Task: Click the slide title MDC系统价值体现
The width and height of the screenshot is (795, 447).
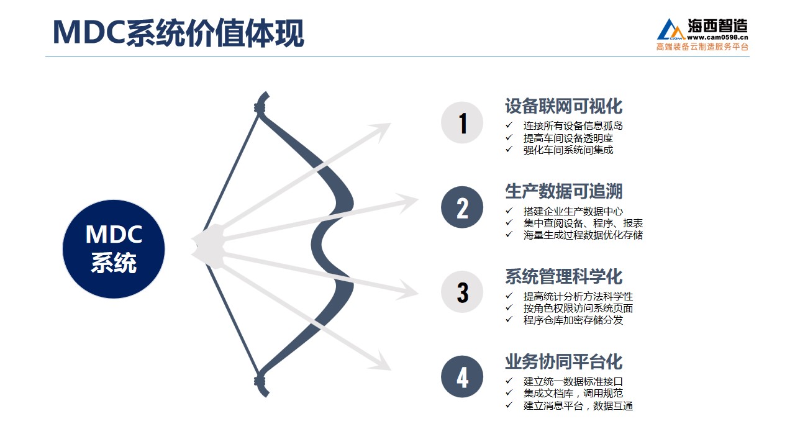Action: click(x=178, y=33)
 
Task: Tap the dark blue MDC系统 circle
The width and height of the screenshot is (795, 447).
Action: click(x=114, y=249)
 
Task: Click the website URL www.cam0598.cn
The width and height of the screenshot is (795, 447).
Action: click(x=717, y=37)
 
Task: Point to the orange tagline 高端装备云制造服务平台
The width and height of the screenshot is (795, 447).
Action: click(x=702, y=47)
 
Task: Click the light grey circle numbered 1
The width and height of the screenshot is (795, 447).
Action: click(x=462, y=123)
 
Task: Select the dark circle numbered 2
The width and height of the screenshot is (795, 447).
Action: click(x=462, y=207)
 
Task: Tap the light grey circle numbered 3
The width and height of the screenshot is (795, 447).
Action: click(x=462, y=292)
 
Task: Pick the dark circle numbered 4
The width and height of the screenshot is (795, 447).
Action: click(x=462, y=377)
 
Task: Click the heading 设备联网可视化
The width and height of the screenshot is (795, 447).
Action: click(x=563, y=106)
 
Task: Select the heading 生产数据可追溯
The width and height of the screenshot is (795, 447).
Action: click(x=563, y=191)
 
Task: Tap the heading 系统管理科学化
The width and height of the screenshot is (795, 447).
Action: click(x=563, y=276)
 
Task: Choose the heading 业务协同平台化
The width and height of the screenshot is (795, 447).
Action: click(x=563, y=361)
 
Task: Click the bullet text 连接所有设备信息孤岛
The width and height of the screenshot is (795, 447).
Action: click(x=573, y=125)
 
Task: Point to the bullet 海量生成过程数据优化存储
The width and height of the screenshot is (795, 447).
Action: click(x=583, y=235)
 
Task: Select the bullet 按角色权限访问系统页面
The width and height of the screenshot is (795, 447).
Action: click(x=578, y=309)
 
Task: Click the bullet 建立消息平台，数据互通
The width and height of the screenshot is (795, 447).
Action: click(x=578, y=405)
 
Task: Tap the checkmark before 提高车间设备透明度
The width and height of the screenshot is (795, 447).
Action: click(x=509, y=137)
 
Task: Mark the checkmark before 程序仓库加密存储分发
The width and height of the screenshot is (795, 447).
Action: click(x=509, y=319)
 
